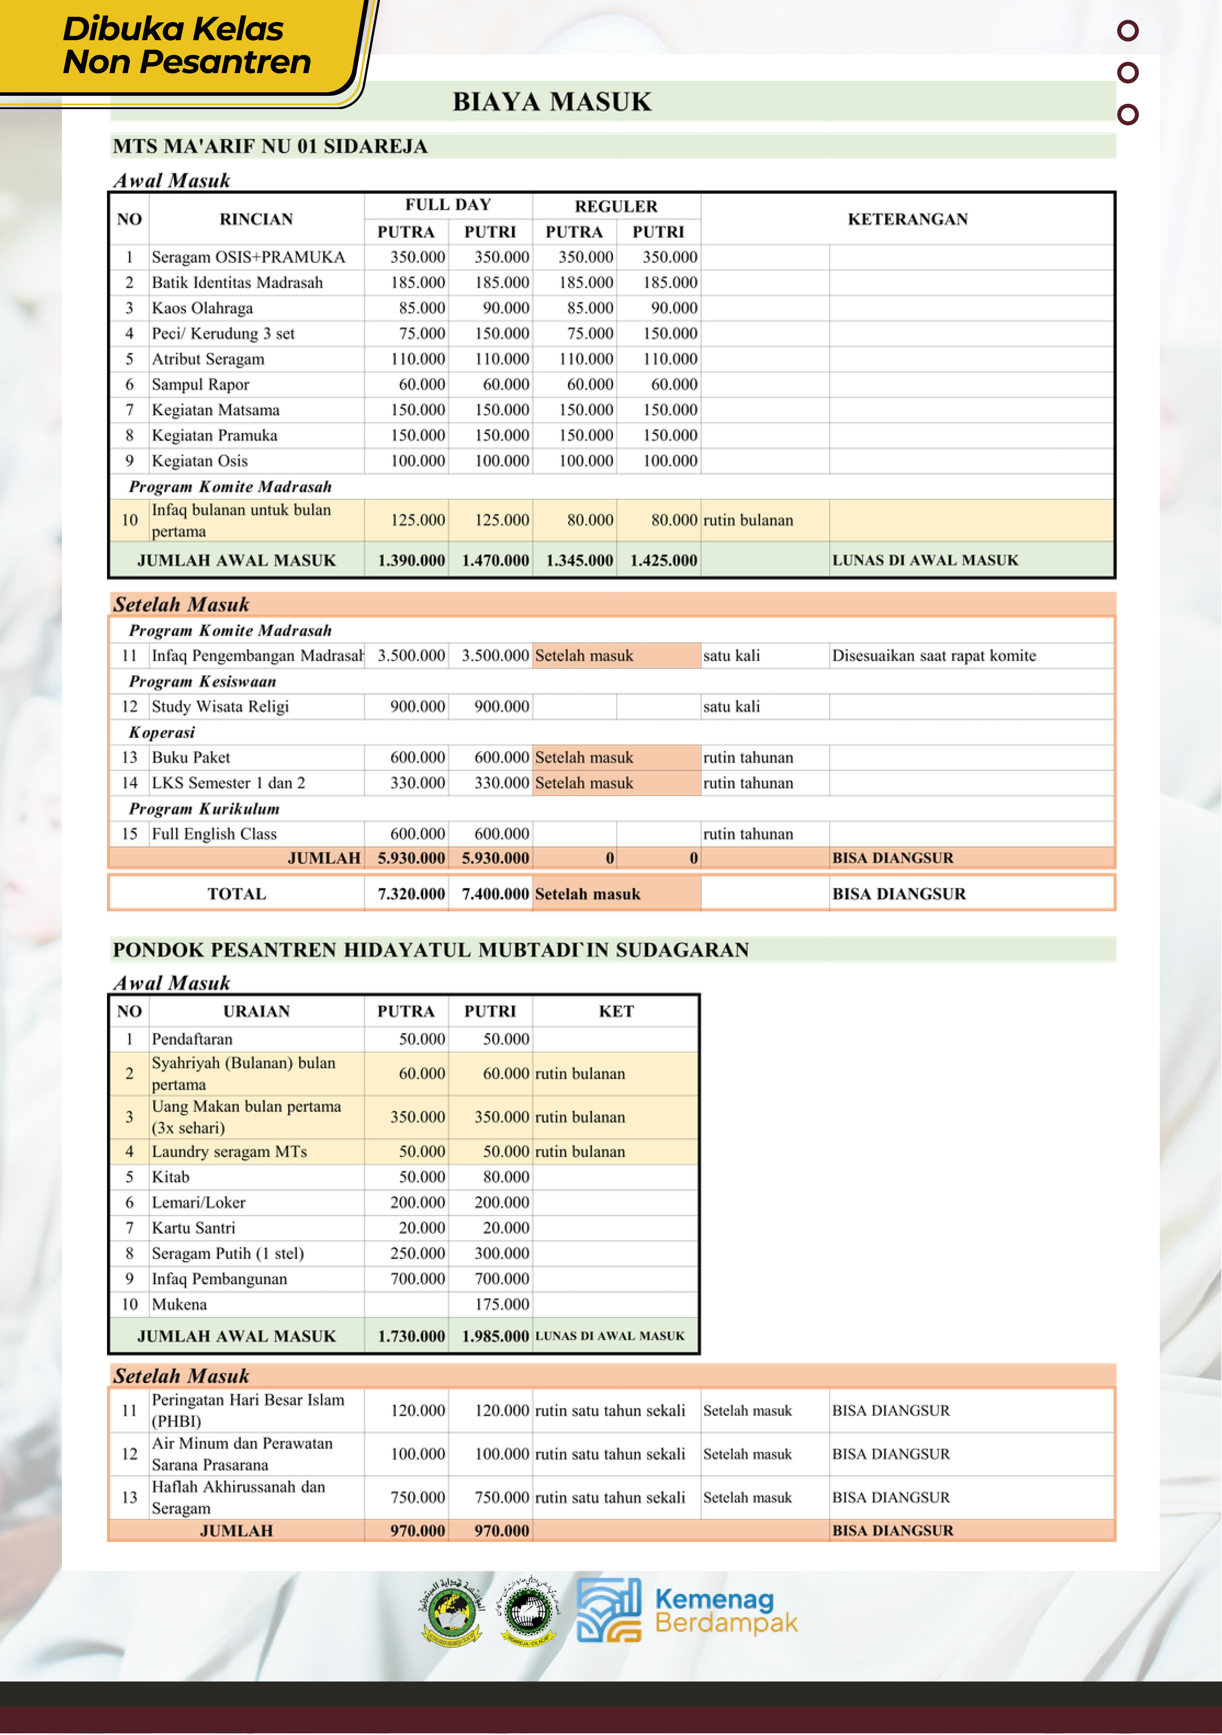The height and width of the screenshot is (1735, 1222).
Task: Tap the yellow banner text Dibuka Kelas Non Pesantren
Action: pos(186,45)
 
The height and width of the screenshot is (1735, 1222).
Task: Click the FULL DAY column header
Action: pos(448,205)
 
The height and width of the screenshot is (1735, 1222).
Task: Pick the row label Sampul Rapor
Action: pos(200,385)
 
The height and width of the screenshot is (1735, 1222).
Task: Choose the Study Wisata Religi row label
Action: pos(220,707)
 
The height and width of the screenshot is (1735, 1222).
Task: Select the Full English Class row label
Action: pos(214,834)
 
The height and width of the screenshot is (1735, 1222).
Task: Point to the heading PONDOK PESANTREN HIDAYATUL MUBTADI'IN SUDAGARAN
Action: pos(431,950)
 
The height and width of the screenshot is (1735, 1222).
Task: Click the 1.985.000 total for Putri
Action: pos(495,1336)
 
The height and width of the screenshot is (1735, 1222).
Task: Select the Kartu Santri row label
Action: pos(193,1228)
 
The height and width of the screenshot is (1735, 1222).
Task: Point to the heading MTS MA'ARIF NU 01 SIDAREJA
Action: pos(270,147)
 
